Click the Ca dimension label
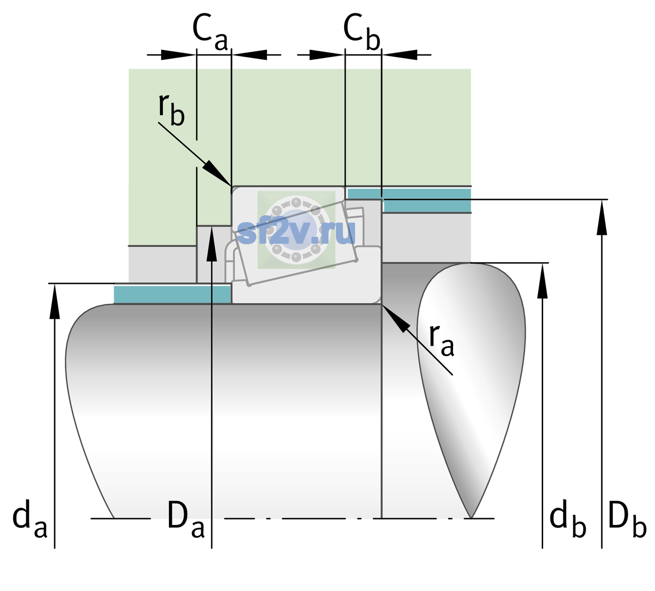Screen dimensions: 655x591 210,33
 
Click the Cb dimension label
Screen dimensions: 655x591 362,33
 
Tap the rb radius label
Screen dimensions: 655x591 171,109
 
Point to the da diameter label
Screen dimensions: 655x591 30,519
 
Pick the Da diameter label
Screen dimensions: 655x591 186,519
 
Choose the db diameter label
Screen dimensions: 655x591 568,519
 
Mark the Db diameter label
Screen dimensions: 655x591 627,519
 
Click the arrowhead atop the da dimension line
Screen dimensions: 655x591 55,301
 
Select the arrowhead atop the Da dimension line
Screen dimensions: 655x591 212,244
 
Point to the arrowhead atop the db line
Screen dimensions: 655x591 542,281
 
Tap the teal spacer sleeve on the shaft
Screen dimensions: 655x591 172,294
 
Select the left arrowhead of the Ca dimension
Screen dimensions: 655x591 178,55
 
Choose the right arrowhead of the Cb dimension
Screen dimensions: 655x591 400,55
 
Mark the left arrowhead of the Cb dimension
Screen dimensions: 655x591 327,55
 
